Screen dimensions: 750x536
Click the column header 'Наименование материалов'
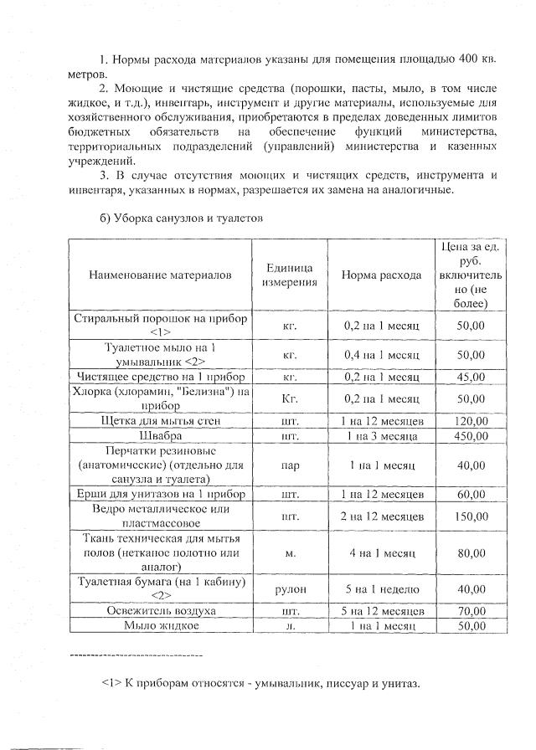tap(159, 275)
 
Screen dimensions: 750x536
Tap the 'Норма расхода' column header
tap(381, 275)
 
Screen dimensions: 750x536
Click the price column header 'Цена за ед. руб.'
tap(470, 275)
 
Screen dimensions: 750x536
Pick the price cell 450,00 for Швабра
tap(470, 436)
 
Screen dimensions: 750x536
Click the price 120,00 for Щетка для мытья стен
tap(470, 421)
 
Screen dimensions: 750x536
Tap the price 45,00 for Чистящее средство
tap(470, 378)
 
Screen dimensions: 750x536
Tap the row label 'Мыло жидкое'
tap(160, 625)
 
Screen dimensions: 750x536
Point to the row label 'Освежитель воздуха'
tap(159, 611)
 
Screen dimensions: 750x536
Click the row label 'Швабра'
tap(159, 436)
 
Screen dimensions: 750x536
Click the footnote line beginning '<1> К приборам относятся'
tap(260, 682)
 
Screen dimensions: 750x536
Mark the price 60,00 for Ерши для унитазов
tap(470, 495)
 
